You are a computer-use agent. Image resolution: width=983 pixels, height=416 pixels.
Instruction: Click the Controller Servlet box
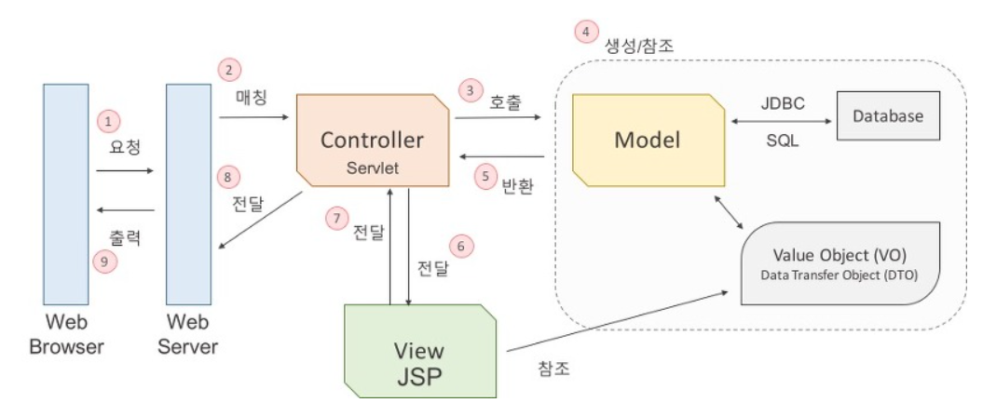[x=372, y=140]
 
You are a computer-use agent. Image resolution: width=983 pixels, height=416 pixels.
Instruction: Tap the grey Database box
[x=887, y=117]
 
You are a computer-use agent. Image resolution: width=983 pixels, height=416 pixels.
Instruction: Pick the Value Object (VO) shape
[x=841, y=263]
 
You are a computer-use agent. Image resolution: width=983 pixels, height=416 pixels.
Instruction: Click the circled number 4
[x=585, y=32]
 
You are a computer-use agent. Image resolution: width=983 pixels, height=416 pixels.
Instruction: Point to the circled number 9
[x=107, y=262]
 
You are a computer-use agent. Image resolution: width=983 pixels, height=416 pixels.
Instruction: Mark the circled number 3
[x=471, y=90]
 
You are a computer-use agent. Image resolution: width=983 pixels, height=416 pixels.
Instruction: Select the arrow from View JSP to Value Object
[x=616, y=323]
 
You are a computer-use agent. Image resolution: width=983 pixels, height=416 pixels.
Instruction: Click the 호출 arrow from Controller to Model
[x=499, y=116]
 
